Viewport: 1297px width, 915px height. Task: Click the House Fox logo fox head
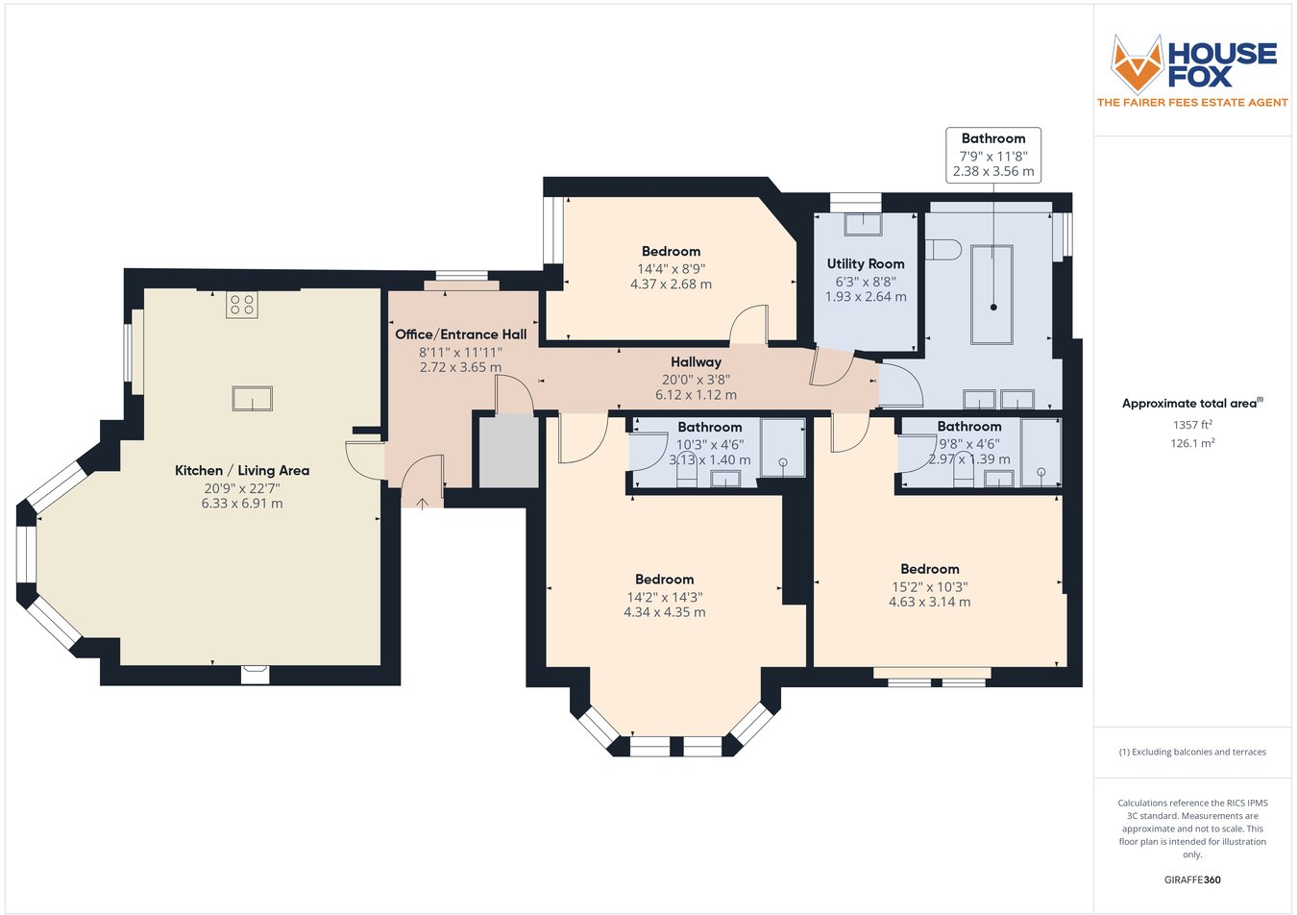[1137, 63]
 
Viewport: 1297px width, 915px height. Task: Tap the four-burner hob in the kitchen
[242, 305]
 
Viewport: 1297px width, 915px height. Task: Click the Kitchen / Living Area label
[242, 470]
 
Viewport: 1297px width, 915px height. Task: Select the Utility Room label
[866, 263]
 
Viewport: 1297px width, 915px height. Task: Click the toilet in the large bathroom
[943, 250]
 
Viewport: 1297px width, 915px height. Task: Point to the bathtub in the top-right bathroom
[992, 294]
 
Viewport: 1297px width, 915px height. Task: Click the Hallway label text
[696, 361]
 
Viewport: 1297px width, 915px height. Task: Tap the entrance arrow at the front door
[423, 501]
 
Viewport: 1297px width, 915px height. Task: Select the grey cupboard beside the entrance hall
[508, 452]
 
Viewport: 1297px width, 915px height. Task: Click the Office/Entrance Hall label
[460, 334]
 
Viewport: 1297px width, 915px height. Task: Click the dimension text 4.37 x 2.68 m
[671, 284]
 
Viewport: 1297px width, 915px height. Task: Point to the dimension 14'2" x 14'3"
[664, 597]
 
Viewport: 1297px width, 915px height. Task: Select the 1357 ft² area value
[1192, 425]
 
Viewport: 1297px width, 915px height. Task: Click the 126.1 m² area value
[1192, 443]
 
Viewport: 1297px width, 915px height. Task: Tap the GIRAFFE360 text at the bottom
[1192, 879]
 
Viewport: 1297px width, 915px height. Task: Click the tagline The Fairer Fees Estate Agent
[1192, 102]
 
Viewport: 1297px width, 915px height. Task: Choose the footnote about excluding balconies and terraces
[1192, 752]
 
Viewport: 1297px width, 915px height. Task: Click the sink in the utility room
[863, 225]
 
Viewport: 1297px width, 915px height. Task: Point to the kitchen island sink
[252, 398]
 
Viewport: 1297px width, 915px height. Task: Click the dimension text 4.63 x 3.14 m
[929, 603]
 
